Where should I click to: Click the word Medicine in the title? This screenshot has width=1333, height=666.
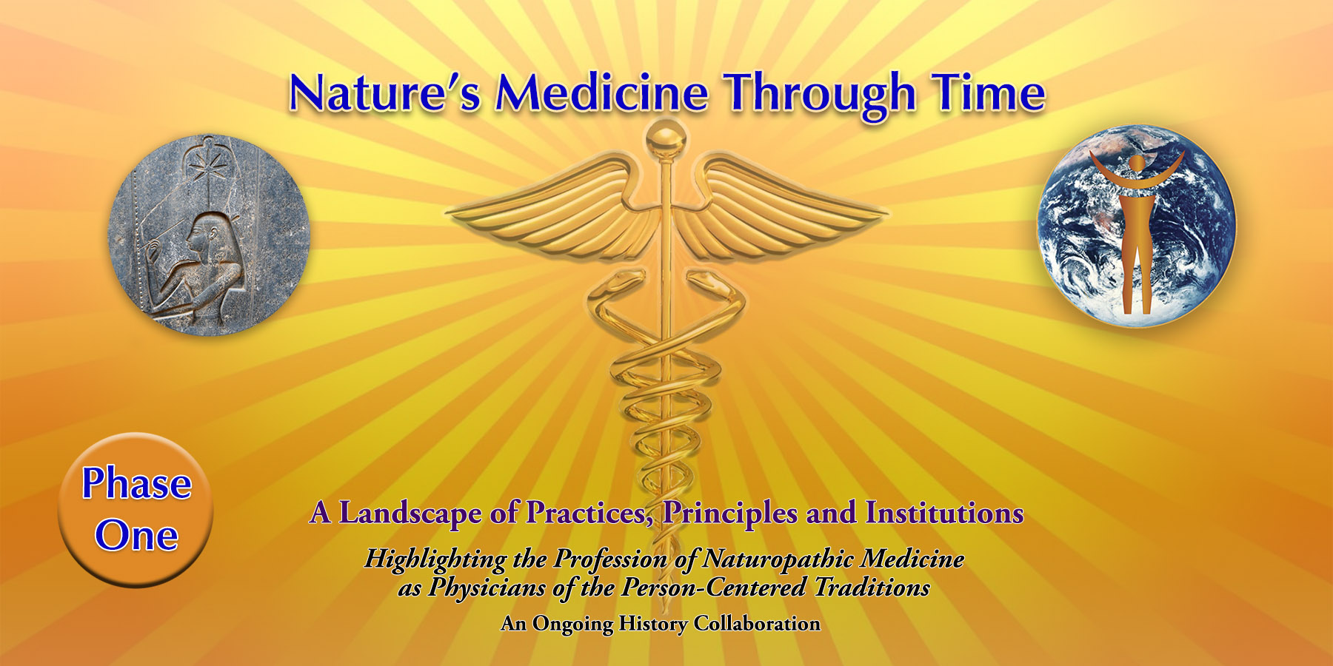click(x=601, y=93)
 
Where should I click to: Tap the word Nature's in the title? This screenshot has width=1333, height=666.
click(x=385, y=93)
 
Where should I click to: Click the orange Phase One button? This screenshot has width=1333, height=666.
click(x=136, y=510)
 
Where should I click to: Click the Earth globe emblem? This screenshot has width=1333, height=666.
click(x=1136, y=226)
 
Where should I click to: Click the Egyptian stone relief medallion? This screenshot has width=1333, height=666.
click(x=209, y=235)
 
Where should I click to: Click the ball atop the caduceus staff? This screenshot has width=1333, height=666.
click(x=665, y=139)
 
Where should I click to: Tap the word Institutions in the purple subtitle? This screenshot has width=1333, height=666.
click(x=944, y=512)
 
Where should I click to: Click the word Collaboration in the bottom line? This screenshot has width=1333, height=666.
click(x=757, y=624)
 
